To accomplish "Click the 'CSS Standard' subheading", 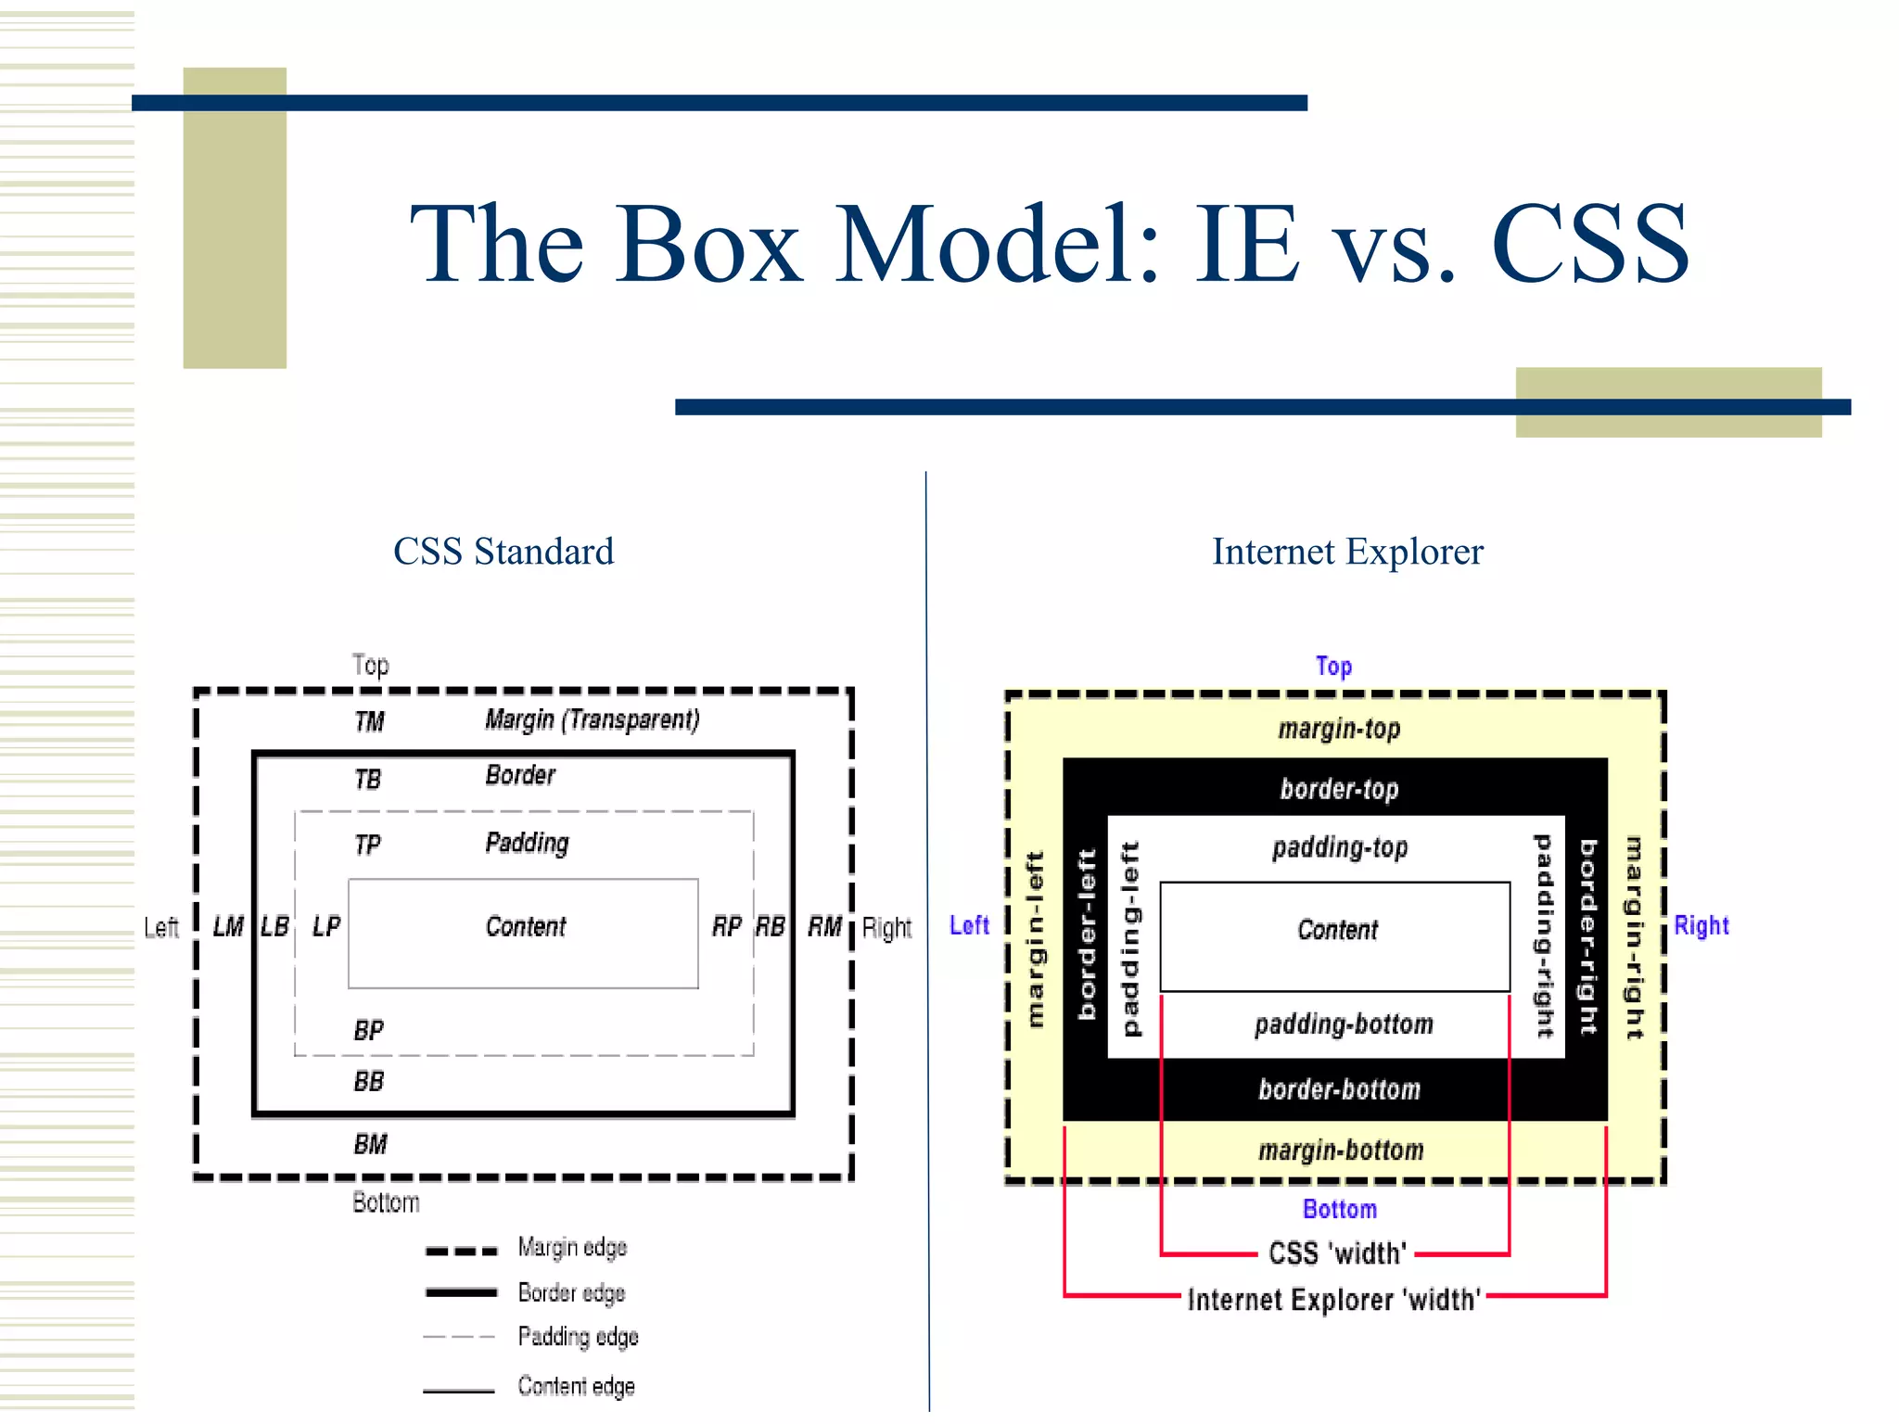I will point(503,552).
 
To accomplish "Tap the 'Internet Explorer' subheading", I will point(1347,552).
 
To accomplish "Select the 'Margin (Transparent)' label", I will point(592,719).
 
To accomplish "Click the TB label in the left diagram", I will point(367,780).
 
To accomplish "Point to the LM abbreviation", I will point(228,926).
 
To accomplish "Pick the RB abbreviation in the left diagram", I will point(770,926).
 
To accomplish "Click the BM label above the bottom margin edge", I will point(370,1144).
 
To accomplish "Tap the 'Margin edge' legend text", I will point(572,1248).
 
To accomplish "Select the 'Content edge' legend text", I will point(576,1386).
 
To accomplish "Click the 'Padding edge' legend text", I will point(578,1337).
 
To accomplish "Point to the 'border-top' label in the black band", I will point(1339,789).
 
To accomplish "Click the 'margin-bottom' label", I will point(1341,1151).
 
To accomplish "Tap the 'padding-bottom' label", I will point(1344,1024).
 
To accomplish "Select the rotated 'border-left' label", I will point(1087,934).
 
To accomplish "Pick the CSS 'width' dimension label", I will point(1337,1253).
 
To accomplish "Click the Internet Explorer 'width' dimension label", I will point(1334,1300).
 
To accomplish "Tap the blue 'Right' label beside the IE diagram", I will point(1701,925).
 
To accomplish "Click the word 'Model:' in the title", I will point(998,244).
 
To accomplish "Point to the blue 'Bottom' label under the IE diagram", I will point(1340,1209).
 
